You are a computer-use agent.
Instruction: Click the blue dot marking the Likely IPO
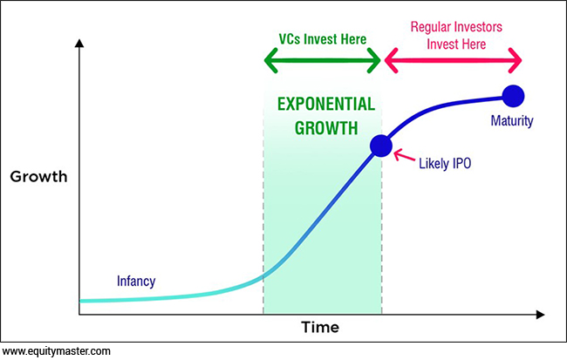[x=381, y=146]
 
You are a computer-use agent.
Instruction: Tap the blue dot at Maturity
[x=513, y=96]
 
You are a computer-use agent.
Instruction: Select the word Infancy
[x=136, y=282]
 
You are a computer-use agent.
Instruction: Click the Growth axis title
[x=38, y=177]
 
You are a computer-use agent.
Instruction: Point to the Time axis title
[x=320, y=328]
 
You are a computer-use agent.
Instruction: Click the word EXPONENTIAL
[x=326, y=104]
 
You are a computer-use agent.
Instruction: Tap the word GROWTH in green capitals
[x=326, y=128]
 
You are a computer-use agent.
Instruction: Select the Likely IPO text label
[x=445, y=164]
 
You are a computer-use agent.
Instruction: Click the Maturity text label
[x=512, y=120]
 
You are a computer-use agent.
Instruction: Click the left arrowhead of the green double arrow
[x=270, y=60]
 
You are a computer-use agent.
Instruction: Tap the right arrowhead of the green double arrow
[x=374, y=60]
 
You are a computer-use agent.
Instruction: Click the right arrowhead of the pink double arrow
[x=515, y=60]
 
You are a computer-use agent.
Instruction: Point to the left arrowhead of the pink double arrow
[x=391, y=60]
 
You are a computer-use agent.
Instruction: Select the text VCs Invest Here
[x=323, y=39]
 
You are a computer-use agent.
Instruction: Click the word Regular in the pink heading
[x=430, y=27]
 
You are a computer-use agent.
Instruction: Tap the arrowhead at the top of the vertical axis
[x=79, y=43]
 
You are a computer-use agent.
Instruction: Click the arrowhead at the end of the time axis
[x=540, y=315]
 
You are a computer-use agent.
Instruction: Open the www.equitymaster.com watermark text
[x=57, y=351]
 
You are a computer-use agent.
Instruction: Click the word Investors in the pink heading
[x=478, y=27]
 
